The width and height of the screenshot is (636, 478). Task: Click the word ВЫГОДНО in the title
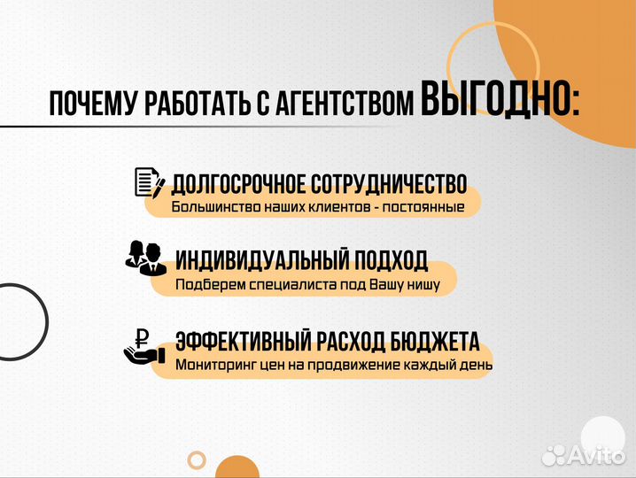495,102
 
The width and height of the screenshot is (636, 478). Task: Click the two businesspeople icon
143,257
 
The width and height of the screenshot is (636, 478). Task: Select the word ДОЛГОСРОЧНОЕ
237,184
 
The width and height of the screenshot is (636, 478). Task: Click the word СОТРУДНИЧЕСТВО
389,184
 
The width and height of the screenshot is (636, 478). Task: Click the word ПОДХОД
392,260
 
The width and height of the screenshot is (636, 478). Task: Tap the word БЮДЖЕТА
435,342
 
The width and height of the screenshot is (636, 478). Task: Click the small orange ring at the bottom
197,459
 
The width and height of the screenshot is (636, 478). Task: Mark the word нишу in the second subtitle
435,285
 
